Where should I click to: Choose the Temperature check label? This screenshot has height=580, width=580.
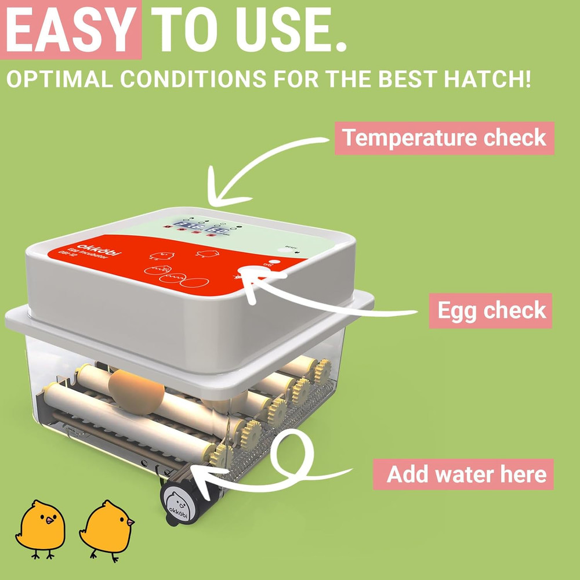tap(444, 138)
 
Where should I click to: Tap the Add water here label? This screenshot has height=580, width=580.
tap(466, 474)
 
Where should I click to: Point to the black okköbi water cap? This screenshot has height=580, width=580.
tap(177, 501)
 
